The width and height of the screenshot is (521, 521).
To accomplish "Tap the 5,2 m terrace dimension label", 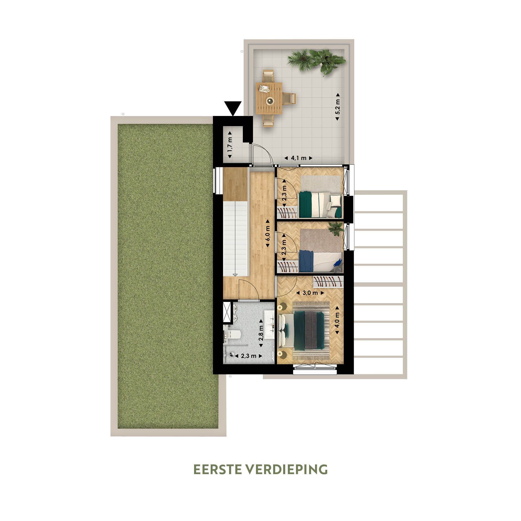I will pos(337,107).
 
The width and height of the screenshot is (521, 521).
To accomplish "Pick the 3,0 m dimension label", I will pos(310,293).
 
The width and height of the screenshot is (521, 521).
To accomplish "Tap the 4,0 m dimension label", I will pos(337,323).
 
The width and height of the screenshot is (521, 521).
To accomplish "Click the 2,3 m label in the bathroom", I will pos(248,356).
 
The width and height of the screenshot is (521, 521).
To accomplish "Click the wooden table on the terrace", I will pos(269,98).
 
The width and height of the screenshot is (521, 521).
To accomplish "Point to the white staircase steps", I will pos(236,238).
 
